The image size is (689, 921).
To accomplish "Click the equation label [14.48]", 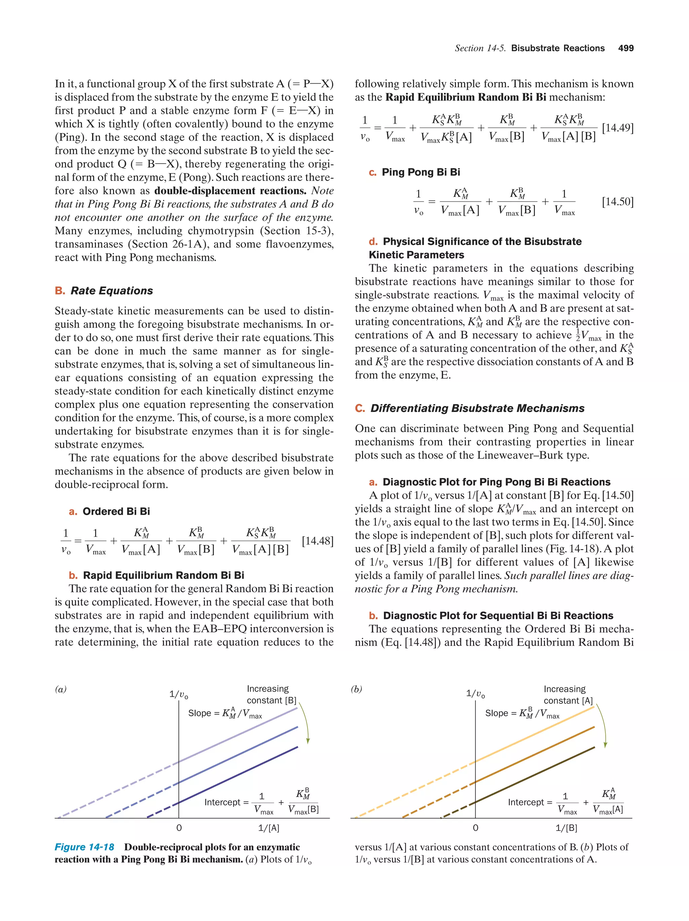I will point(318,541).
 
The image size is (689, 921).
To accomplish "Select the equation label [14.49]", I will point(618,128).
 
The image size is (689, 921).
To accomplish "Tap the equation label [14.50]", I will point(618,202).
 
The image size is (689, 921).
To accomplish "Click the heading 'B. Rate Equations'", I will point(104,291).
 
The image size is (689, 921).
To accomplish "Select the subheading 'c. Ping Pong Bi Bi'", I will point(414,172).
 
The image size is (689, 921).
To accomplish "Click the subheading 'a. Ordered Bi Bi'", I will point(109,511).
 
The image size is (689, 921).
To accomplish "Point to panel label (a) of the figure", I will point(61,689).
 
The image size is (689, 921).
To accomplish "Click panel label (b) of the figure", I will point(356,689).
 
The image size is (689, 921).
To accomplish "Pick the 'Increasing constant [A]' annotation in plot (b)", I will point(568,695).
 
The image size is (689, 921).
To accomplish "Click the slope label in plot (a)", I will point(225,713).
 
